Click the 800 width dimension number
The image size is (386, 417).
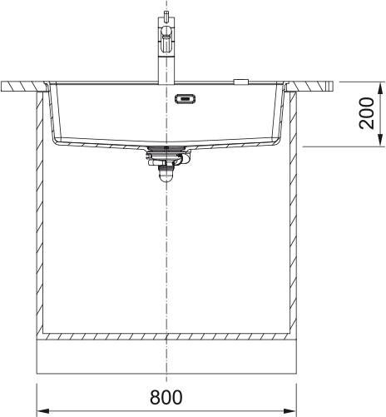[x=166, y=397]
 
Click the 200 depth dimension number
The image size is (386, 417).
[x=367, y=113]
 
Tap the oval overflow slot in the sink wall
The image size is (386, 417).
[x=185, y=98]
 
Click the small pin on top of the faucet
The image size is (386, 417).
[x=166, y=17]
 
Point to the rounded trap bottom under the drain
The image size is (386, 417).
[x=166, y=176]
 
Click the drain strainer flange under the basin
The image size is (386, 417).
[x=166, y=149]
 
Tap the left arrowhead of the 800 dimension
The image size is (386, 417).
[x=43, y=411]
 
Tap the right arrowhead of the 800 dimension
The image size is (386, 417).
[x=290, y=411]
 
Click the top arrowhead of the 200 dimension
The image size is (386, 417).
[x=381, y=88]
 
